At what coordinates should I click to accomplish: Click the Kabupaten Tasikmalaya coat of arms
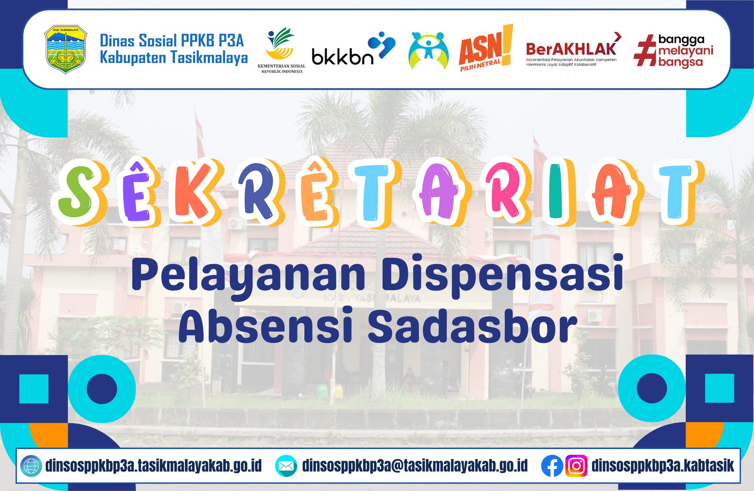[66, 49]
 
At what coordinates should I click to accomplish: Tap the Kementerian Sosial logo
[282, 50]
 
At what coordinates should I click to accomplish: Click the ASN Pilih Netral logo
[486, 48]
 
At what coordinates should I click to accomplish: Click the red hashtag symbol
[645, 50]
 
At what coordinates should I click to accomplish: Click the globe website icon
[31, 466]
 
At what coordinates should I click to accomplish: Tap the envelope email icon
[285, 466]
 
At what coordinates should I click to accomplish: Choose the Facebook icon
[552, 466]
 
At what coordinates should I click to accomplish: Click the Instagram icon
[576, 466]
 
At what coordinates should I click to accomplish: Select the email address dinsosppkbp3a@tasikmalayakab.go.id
[415, 466]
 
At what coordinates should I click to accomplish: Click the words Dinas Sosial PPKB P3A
[172, 41]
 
